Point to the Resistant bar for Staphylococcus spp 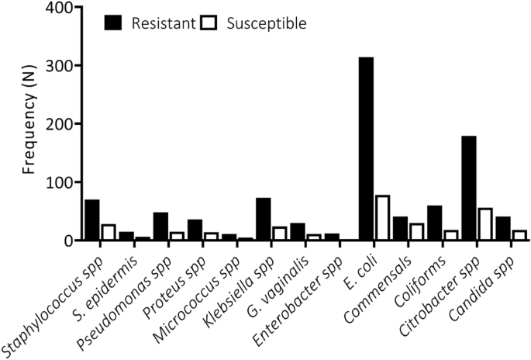click(x=92, y=220)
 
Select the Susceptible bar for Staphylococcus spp click(x=109, y=232)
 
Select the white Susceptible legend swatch click(x=209, y=23)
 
